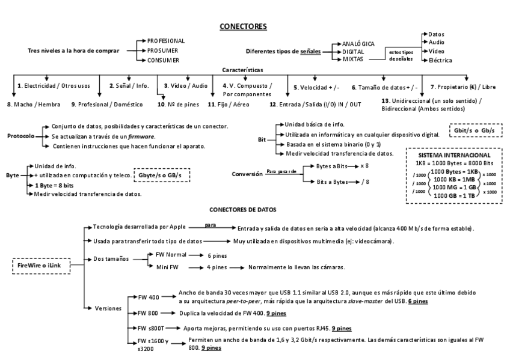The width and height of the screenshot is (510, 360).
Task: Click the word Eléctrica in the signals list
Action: pyautogui.click(x=440, y=60)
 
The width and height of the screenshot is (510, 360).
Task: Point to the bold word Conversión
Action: pyautogui.click(x=247, y=174)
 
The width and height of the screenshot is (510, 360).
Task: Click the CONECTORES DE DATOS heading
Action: pyautogui.click(x=242, y=210)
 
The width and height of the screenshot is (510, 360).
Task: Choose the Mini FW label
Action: pyautogui.click(x=168, y=266)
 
